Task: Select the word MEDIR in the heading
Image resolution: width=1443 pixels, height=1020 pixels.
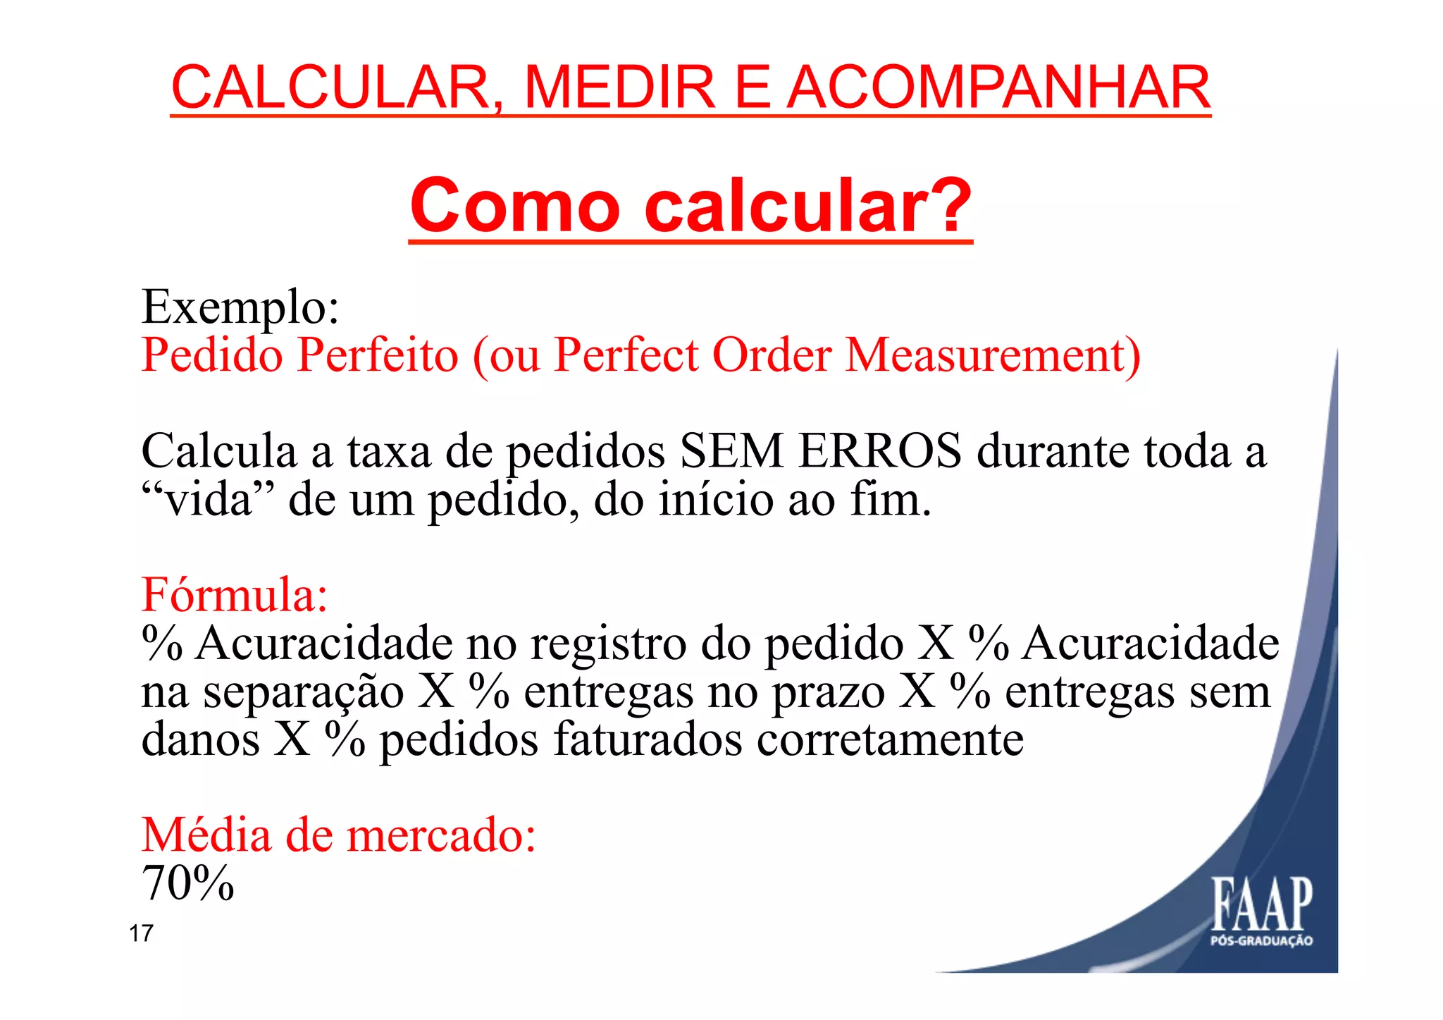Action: click(620, 87)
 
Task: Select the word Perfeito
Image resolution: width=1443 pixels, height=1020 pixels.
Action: click(378, 355)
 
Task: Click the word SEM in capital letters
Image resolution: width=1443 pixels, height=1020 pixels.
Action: click(731, 450)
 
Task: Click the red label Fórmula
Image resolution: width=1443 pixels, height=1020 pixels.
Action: click(234, 594)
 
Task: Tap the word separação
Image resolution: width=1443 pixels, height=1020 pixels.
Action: click(303, 692)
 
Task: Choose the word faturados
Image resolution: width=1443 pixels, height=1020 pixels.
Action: click(648, 739)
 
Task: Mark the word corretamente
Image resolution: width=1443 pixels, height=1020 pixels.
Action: click(890, 739)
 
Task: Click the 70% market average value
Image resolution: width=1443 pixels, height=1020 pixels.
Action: click(187, 883)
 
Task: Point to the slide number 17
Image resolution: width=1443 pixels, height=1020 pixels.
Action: click(141, 933)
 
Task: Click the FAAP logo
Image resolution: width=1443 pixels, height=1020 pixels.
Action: click(1261, 910)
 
